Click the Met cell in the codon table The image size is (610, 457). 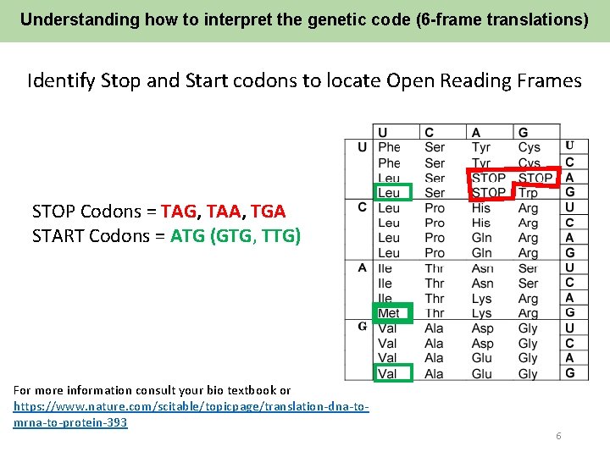tap(389, 313)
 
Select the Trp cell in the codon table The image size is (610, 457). tap(528, 193)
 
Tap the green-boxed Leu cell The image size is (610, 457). tap(389, 193)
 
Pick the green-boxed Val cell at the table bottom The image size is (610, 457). tap(388, 373)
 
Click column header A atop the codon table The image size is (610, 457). tap(476, 132)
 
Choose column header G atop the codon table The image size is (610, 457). tap(523, 132)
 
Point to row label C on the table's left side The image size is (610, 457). tap(362, 207)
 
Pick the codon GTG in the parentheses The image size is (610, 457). tap(236, 235)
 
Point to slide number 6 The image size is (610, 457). tap(558, 436)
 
